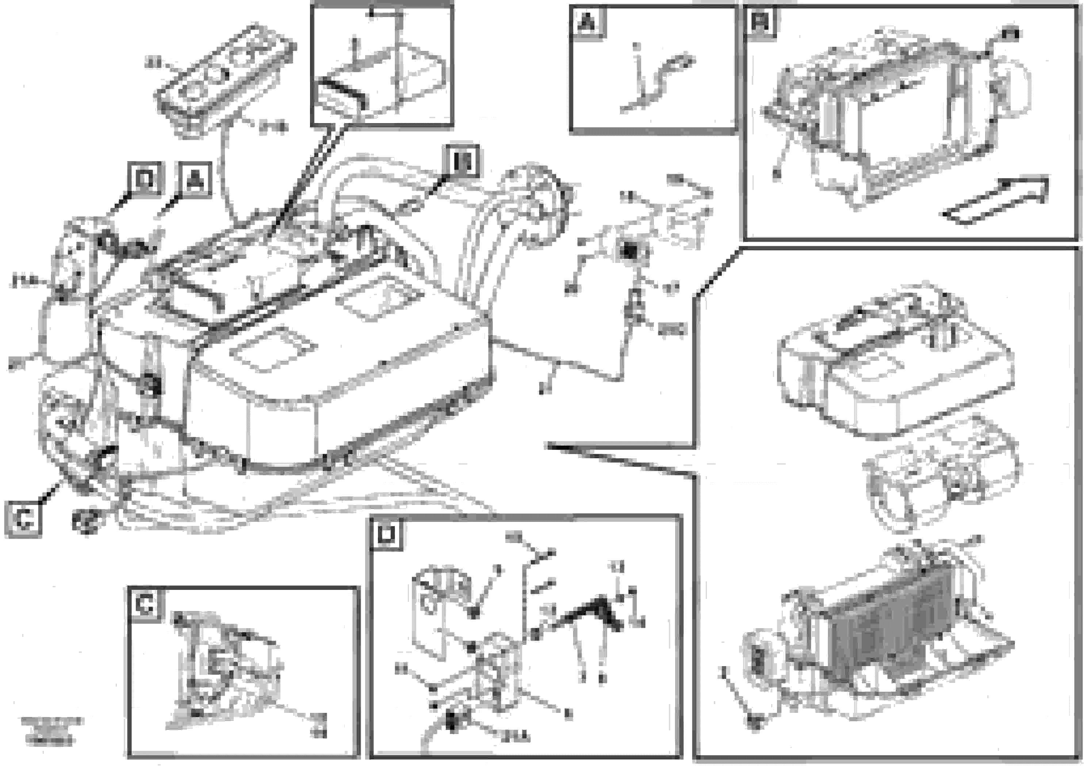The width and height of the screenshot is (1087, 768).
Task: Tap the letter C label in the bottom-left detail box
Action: point(144,605)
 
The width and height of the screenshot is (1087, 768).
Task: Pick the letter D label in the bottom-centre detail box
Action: point(386,535)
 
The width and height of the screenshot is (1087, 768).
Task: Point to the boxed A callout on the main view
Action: point(195,180)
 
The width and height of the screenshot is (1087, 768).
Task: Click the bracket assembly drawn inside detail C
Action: point(222,668)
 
